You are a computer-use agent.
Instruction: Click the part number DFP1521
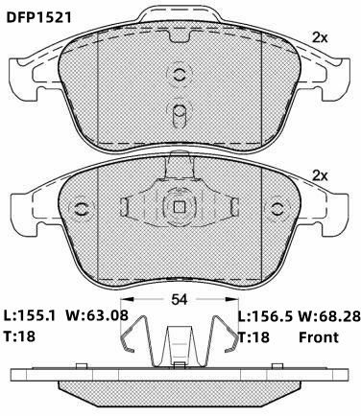[39, 17]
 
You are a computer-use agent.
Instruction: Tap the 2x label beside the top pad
[320, 38]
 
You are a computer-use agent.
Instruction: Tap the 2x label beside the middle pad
[320, 175]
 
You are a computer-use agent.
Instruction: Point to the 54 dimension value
[180, 299]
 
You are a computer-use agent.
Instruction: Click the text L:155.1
[30, 315]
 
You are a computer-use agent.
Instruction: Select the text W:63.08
[97, 315]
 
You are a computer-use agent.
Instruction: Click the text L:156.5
[266, 316]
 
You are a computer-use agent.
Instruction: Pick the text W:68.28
[329, 316]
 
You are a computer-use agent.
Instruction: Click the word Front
[319, 337]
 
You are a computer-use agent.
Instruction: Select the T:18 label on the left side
[19, 336]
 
